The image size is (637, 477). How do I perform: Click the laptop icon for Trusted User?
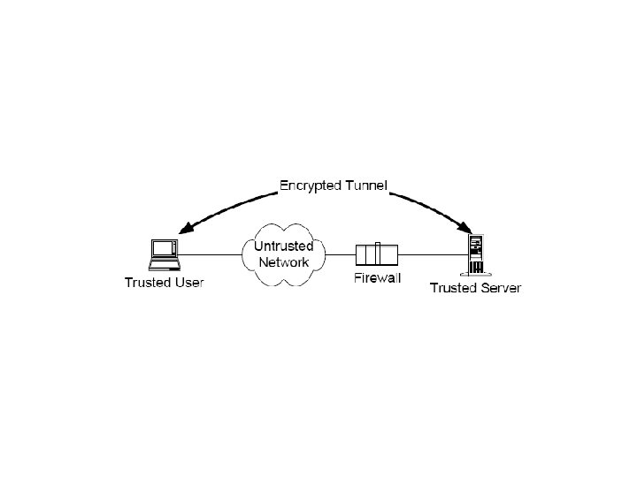[x=163, y=254]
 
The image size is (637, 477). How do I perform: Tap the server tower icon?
[x=477, y=254]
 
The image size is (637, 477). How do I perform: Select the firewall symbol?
[x=377, y=254]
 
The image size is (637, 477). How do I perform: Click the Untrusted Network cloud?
[x=282, y=254]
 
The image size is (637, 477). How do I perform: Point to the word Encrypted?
[x=312, y=185]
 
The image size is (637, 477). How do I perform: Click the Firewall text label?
[x=377, y=278]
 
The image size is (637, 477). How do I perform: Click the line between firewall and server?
[x=434, y=254]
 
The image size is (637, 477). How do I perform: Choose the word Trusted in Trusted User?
[x=147, y=283]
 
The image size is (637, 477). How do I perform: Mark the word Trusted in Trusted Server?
[x=452, y=288]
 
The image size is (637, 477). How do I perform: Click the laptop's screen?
[x=163, y=248]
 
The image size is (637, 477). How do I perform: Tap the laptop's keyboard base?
[x=163, y=263]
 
